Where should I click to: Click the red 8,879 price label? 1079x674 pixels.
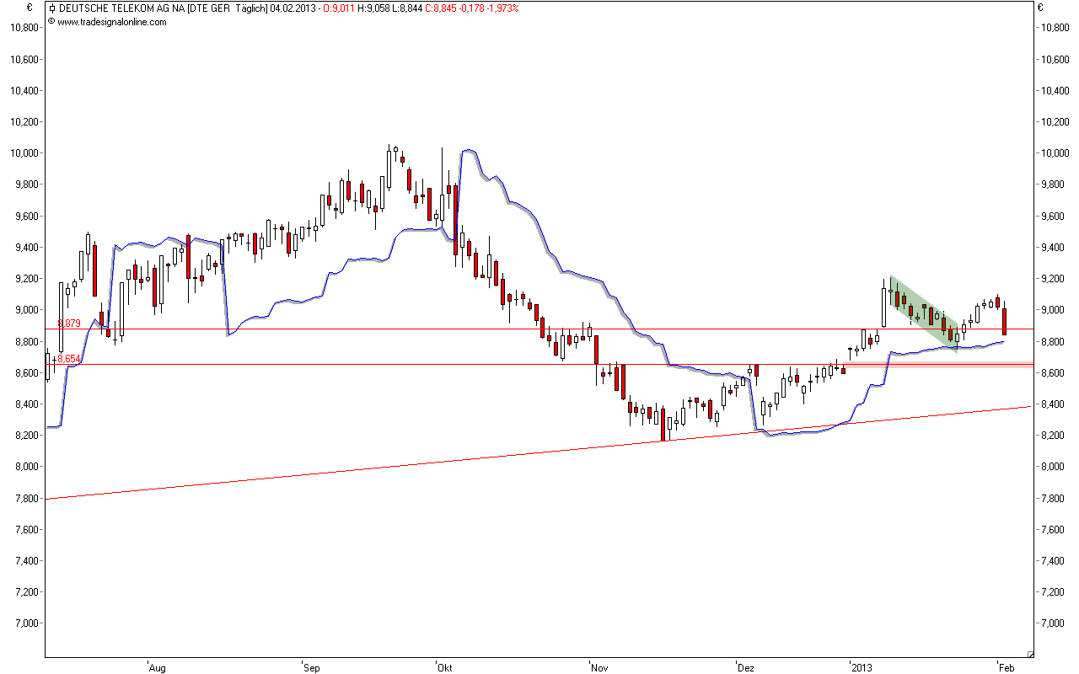68,324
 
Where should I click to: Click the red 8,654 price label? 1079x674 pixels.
68,359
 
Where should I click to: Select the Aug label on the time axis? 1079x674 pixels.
157,667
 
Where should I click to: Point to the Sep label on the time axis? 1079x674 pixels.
312,667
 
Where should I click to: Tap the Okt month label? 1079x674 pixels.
444,667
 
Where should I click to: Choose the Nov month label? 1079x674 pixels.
599,667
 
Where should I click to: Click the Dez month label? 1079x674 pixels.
745,667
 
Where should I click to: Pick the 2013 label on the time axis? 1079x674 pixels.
862,667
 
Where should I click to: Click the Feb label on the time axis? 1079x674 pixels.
1007,667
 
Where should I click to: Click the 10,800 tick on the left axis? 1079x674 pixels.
25,28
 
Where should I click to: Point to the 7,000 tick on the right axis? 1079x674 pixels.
1055,623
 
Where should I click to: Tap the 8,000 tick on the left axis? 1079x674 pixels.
25,467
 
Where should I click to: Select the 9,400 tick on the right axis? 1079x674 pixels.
1055,248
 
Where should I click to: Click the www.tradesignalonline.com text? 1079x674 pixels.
112,22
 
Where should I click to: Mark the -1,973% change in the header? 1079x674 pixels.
499,8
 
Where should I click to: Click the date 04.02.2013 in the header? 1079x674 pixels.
293,8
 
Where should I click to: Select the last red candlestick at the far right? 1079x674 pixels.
1004,321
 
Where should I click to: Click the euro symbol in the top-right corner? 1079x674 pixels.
1040,8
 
